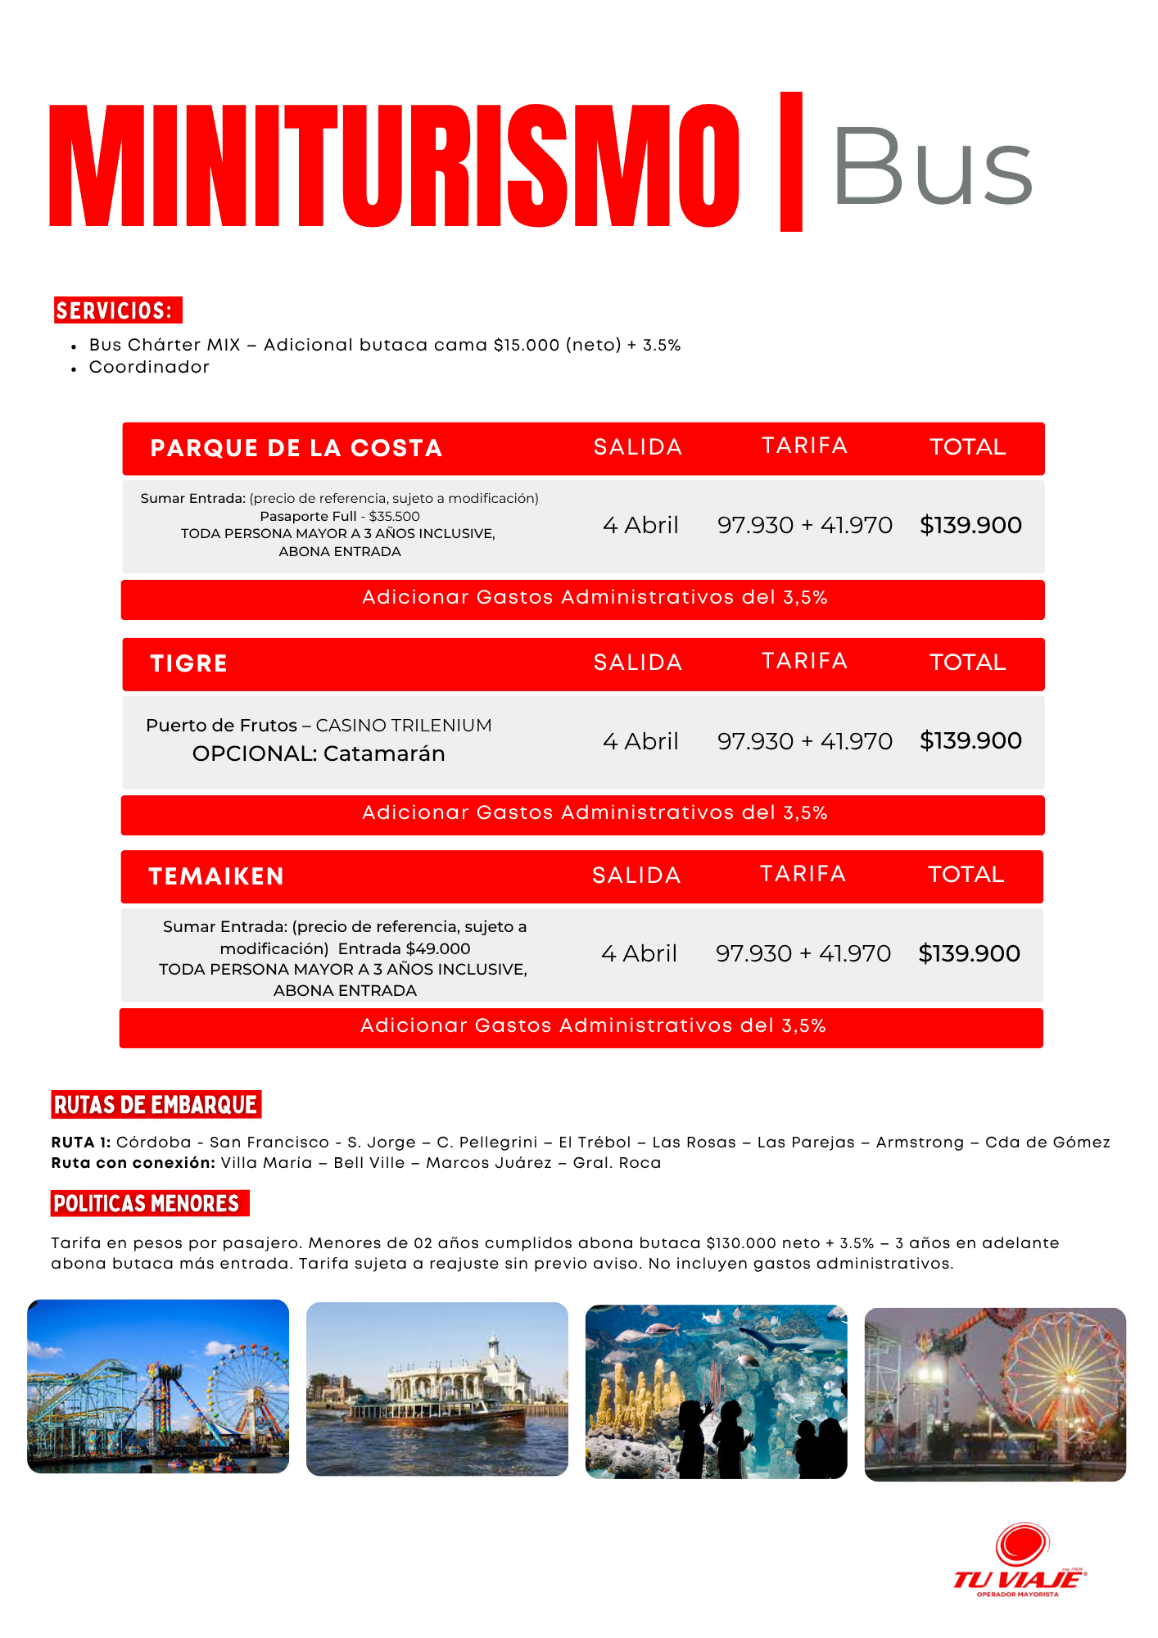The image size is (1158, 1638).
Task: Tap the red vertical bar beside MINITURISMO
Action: (x=790, y=161)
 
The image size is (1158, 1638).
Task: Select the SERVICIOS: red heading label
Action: (x=117, y=310)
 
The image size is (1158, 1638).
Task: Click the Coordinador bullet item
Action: (x=149, y=368)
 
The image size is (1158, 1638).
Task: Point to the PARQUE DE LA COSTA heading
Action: (x=296, y=448)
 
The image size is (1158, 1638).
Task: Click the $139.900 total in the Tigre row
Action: (x=970, y=740)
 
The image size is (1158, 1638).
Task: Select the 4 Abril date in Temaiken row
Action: (x=639, y=953)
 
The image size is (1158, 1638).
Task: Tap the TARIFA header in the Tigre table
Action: (x=804, y=661)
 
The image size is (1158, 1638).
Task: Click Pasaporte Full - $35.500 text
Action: (x=339, y=516)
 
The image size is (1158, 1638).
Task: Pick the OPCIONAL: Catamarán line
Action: (x=319, y=753)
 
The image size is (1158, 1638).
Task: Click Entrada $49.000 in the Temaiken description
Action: (x=404, y=948)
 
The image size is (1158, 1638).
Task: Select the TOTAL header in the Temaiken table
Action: (x=966, y=875)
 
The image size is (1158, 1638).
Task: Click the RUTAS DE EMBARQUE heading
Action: (x=156, y=1105)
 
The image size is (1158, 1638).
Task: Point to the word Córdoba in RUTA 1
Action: (x=153, y=1143)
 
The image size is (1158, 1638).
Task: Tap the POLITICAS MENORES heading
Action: (x=147, y=1203)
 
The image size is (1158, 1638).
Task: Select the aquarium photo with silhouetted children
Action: (x=716, y=1391)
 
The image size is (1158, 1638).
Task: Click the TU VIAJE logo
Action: (x=1020, y=1560)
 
